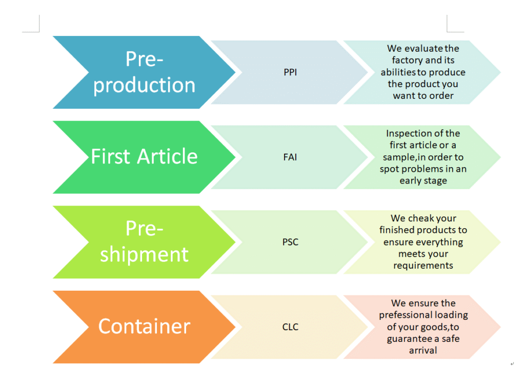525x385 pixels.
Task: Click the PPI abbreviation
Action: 290,72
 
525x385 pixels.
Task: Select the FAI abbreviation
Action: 290,157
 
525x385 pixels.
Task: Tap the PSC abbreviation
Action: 290,242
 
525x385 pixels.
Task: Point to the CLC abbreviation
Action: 290,327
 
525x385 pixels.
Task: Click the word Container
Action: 144,327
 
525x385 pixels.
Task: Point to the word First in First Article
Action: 110,157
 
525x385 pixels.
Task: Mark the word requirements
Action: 423,266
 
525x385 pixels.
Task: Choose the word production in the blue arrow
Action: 144,85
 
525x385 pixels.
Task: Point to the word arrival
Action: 423,351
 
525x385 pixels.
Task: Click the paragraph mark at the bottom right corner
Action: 512,363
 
